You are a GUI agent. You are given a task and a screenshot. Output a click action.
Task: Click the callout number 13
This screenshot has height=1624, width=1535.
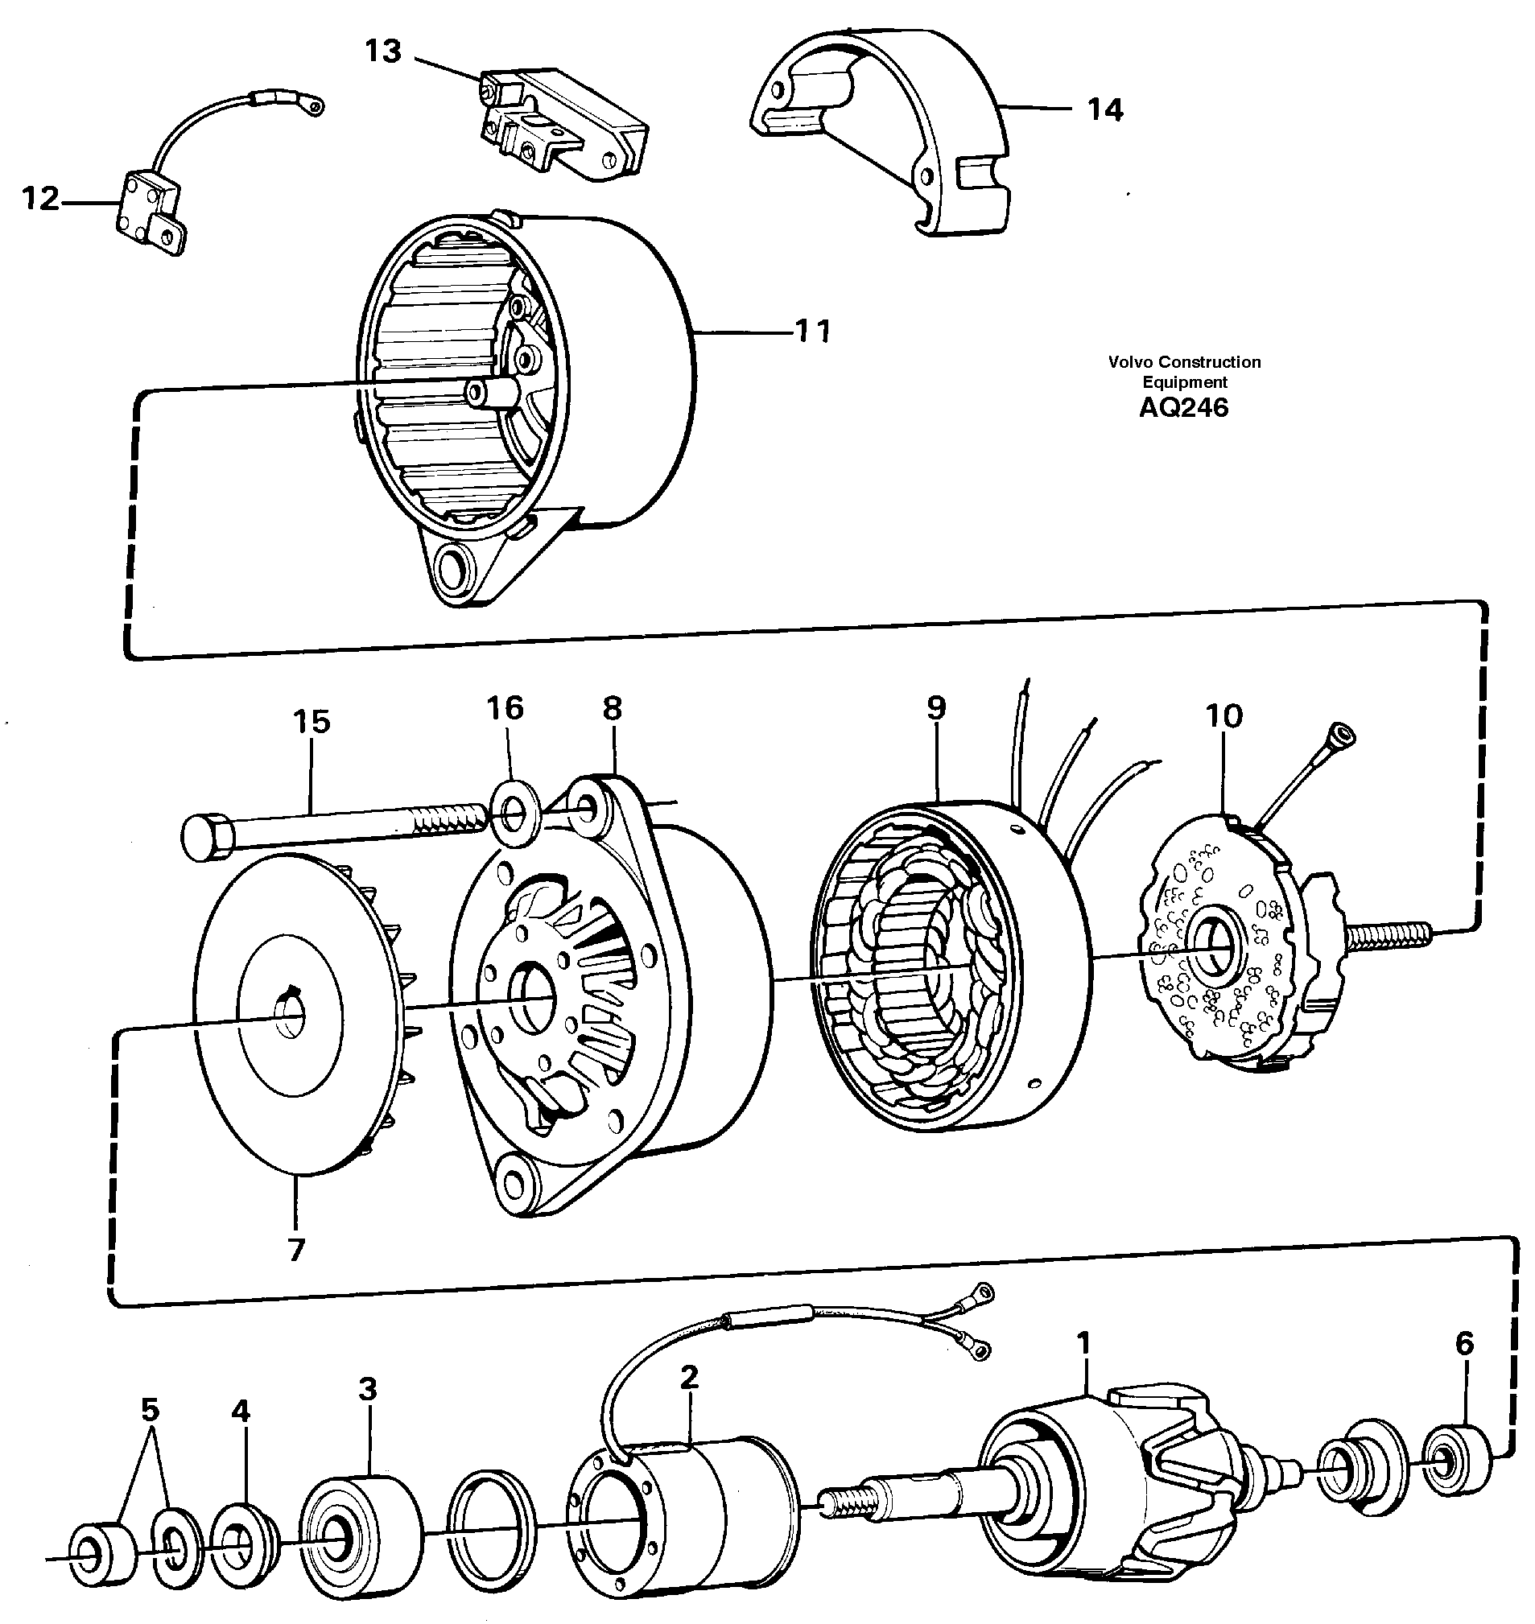pos(383,51)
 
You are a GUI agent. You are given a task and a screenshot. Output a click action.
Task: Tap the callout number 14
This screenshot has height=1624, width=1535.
pos(1104,109)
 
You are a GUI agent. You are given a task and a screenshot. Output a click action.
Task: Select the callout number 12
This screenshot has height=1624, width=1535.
pos(40,199)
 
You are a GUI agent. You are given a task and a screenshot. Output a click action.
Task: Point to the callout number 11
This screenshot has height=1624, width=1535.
pos(813,331)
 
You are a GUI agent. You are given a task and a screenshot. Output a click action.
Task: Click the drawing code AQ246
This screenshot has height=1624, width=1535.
pos(1183,407)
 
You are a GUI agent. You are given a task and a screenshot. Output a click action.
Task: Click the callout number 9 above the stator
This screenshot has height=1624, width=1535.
pos(937,707)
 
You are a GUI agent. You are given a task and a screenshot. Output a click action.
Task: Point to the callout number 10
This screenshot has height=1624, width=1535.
pos(1224,716)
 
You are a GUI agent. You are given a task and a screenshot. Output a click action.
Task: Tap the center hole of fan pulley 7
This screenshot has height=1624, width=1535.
pos(288,1023)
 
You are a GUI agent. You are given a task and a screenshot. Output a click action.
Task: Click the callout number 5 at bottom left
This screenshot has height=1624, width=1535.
pos(150,1410)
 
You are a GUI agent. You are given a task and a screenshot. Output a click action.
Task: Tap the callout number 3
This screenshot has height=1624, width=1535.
pos(367,1389)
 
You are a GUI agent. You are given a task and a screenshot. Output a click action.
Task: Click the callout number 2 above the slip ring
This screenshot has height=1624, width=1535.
pos(689,1378)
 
